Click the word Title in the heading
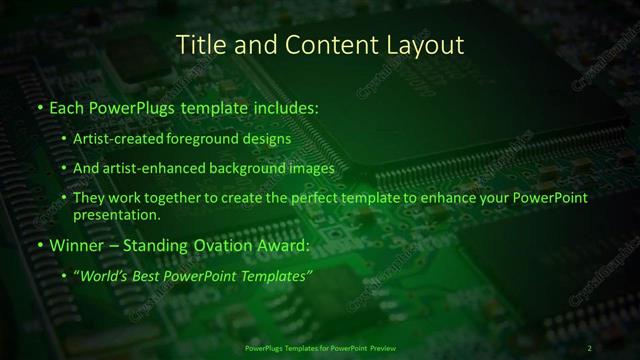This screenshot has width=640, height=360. click(198, 45)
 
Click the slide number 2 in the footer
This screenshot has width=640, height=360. click(589, 348)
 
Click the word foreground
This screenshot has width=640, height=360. click(208, 140)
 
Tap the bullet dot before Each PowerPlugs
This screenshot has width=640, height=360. click(38, 106)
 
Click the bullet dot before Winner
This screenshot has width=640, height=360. click(38, 245)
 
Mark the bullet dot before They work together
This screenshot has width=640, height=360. click(65, 198)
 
